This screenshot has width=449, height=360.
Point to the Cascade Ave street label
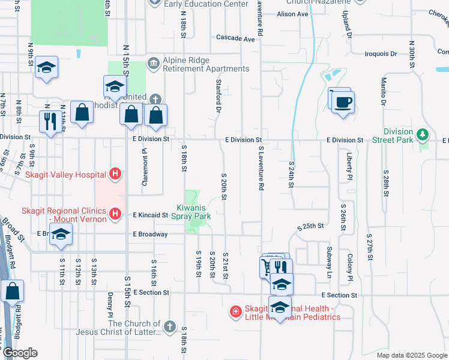236,38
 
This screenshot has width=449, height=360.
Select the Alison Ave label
292,14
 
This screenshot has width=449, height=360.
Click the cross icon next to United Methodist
155,98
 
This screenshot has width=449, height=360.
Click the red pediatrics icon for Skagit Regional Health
236,312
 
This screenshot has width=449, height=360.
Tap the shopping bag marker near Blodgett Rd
12,292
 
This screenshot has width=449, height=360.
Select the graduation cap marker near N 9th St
46,68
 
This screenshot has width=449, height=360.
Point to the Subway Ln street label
329,257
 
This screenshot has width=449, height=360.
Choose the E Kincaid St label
150,214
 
